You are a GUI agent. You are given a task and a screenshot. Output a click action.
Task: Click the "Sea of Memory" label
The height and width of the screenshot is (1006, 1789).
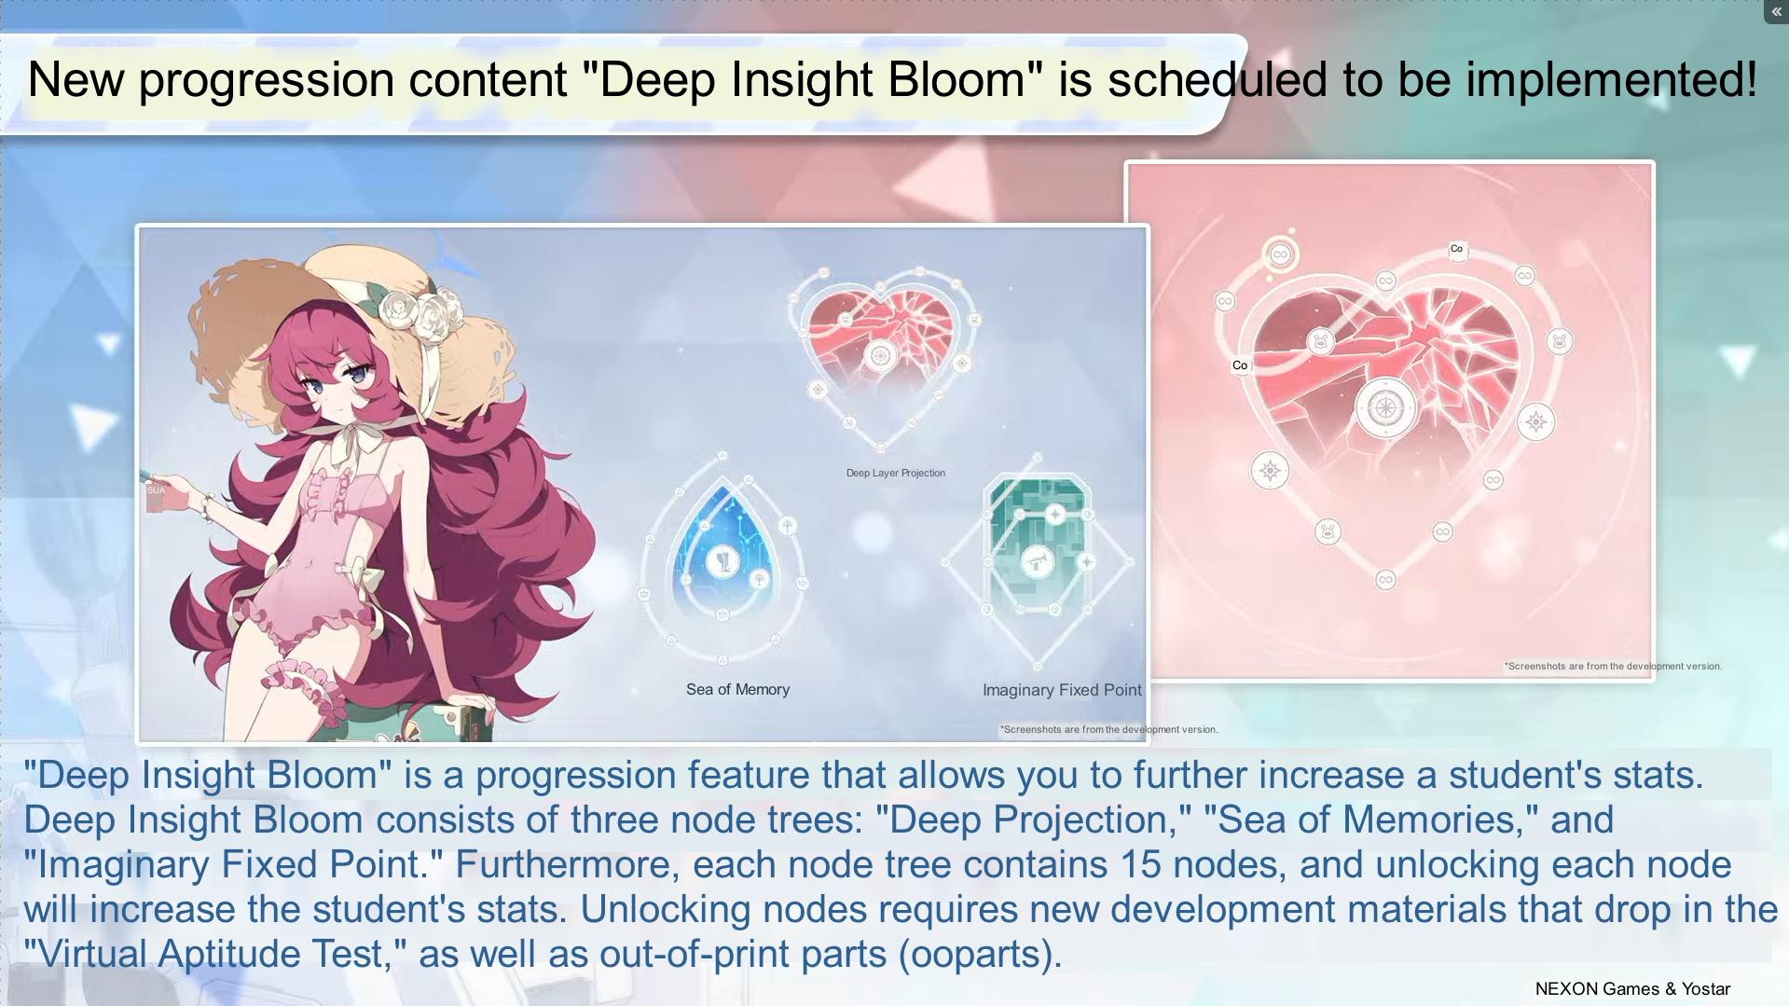(x=737, y=690)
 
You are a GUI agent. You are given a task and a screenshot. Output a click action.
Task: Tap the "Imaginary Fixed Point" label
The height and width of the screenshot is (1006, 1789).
(x=1062, y=691)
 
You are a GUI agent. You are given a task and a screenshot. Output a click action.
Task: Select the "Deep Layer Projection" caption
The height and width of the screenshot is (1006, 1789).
(x=896, y=474)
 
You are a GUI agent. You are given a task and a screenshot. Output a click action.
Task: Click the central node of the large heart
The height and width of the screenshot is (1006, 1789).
(x=1385, y=407)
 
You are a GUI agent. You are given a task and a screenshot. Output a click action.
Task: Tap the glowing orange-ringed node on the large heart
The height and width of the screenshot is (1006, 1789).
(x=1280, y=254)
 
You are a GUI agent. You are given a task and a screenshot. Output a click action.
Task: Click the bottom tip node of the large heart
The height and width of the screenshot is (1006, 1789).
(x=1385, y=580)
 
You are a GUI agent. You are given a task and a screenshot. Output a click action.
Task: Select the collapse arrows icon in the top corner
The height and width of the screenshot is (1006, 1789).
(x=1776, y=11)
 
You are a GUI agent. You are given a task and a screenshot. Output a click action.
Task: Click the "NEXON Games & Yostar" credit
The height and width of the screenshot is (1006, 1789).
(x=1632, y=989)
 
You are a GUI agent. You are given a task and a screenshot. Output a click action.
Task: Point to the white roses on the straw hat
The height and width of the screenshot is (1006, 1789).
(x=424, y=313)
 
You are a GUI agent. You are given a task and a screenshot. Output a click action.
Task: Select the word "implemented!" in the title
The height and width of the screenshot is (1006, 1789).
(x=1611, y=80)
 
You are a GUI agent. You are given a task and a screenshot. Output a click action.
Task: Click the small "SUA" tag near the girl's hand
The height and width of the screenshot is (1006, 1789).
(x=156, y=490)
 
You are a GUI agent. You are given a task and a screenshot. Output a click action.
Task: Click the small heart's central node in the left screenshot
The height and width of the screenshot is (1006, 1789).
(x=880, y=355)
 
